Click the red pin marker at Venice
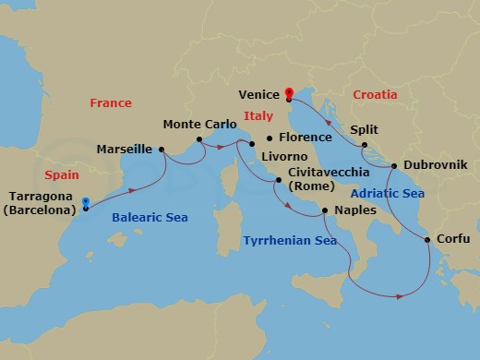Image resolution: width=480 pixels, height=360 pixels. tap(289, 93)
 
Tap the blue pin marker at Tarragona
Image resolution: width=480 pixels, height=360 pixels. tap(85, 203)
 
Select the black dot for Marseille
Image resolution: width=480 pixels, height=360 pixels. tap(162, 149)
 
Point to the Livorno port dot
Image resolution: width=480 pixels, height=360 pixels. tap(251, 143)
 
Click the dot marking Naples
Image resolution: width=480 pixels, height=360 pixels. tap(324, 211)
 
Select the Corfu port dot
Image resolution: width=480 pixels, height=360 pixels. tap(428, 241)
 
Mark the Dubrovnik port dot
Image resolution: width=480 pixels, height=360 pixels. tap(394, 166)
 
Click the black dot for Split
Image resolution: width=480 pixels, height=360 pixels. tap(365, 144)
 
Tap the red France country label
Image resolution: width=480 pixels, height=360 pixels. tap(111, 103)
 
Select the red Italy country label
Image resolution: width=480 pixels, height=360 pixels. tap(258, 116)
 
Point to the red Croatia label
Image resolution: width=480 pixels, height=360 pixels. tap(376, 94)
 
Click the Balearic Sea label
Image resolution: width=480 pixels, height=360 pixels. tap(150, 218)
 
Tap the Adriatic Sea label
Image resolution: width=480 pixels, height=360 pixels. tap(388, 194)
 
